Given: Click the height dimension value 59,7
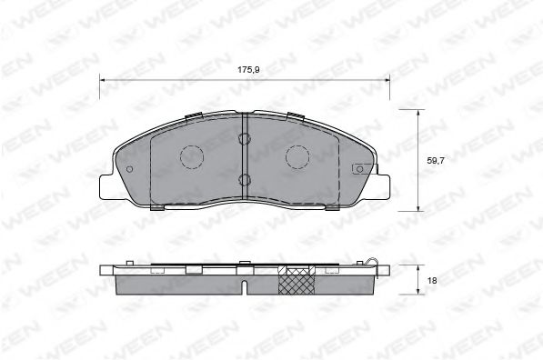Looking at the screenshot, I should coord(436,160).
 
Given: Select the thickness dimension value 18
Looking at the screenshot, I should coord(431,280).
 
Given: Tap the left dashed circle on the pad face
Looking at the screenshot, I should coord(192,157).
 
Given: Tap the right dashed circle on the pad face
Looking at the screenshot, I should coord(298,157).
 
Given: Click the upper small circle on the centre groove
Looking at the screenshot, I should coord(244,139).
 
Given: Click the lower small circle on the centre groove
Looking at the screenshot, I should coord(244,179).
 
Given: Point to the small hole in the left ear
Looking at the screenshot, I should coord(129,169).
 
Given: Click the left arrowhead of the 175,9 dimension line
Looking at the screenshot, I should coord(102,80).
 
